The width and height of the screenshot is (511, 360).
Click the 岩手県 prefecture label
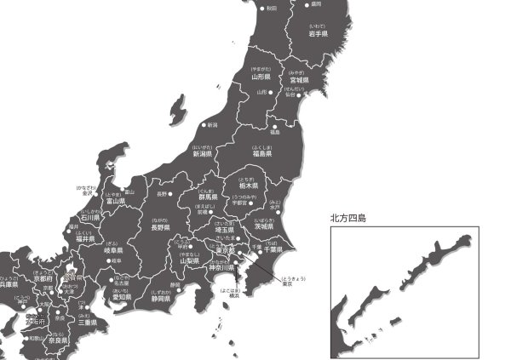point(319,34)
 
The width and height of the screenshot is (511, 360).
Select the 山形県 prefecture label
point(261,76)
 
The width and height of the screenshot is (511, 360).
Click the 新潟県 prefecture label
point(202,155)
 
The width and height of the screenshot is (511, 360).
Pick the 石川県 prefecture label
point(90,218)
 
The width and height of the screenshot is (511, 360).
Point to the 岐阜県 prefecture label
point(113,251)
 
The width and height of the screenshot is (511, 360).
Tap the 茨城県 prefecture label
point(263,226)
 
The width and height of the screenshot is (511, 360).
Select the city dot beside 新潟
point(204,125)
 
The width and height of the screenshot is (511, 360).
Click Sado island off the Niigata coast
point(177,109)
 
